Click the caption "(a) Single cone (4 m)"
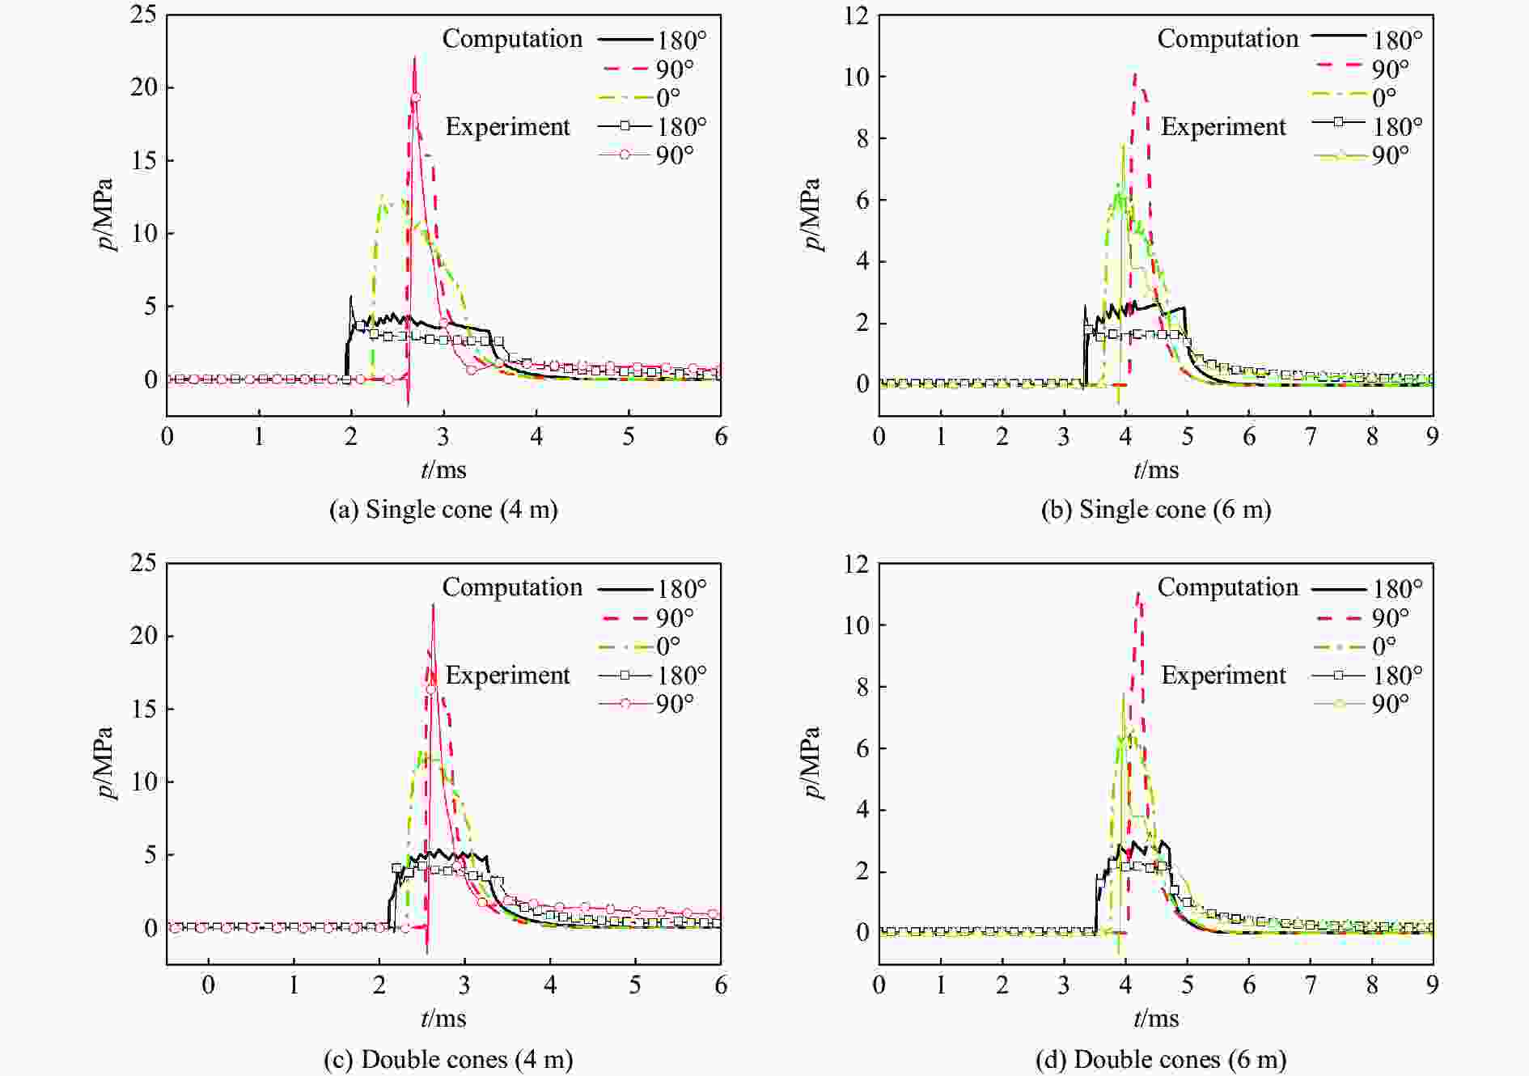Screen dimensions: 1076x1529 coord(443,510)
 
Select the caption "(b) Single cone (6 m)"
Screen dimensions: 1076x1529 coord(1156,510)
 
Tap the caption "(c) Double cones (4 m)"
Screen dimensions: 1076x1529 coord(447,1059)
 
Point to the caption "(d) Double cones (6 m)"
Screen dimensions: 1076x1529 coord(1160,1059)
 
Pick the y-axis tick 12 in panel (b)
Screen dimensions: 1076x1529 coord(856,15)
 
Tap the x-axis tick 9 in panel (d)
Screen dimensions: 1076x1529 coord(1433,985)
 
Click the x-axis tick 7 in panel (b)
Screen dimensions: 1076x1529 coord(1311,437)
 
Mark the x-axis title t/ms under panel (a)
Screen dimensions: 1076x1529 coord(443,470)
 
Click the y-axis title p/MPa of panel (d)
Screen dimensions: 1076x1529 coord(812,762)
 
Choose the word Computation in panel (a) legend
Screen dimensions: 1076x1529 coord(512,39)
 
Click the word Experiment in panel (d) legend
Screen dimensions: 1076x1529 coord(1223,675)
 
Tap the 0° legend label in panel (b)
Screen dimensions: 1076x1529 coord(1384,98)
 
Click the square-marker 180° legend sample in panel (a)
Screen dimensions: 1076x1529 coord(625,126)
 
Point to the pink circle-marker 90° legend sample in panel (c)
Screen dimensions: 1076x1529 coord(625,704)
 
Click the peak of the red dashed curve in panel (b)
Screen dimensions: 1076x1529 coord(1136,74)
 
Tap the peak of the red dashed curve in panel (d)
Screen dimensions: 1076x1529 coord(1138,593)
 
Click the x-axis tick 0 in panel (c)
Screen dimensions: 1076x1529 coord(209,985)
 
